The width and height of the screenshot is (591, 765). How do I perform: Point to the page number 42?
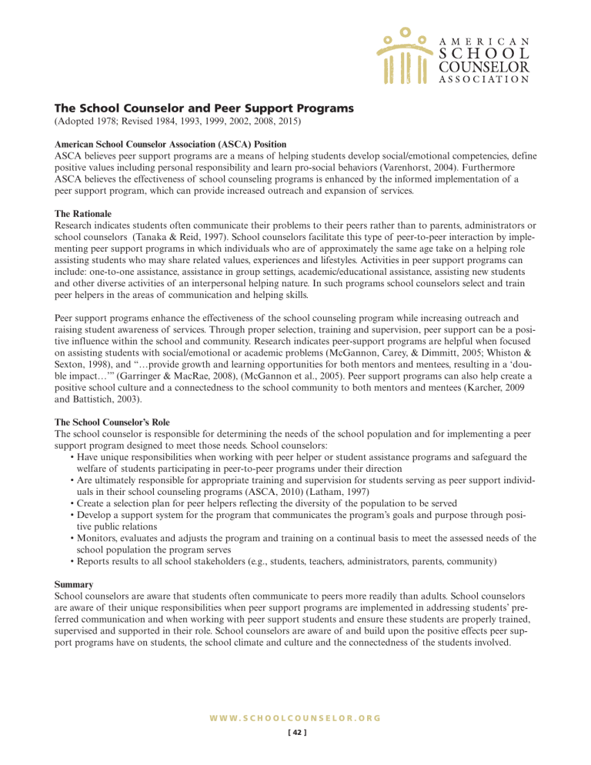click(295, 732)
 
